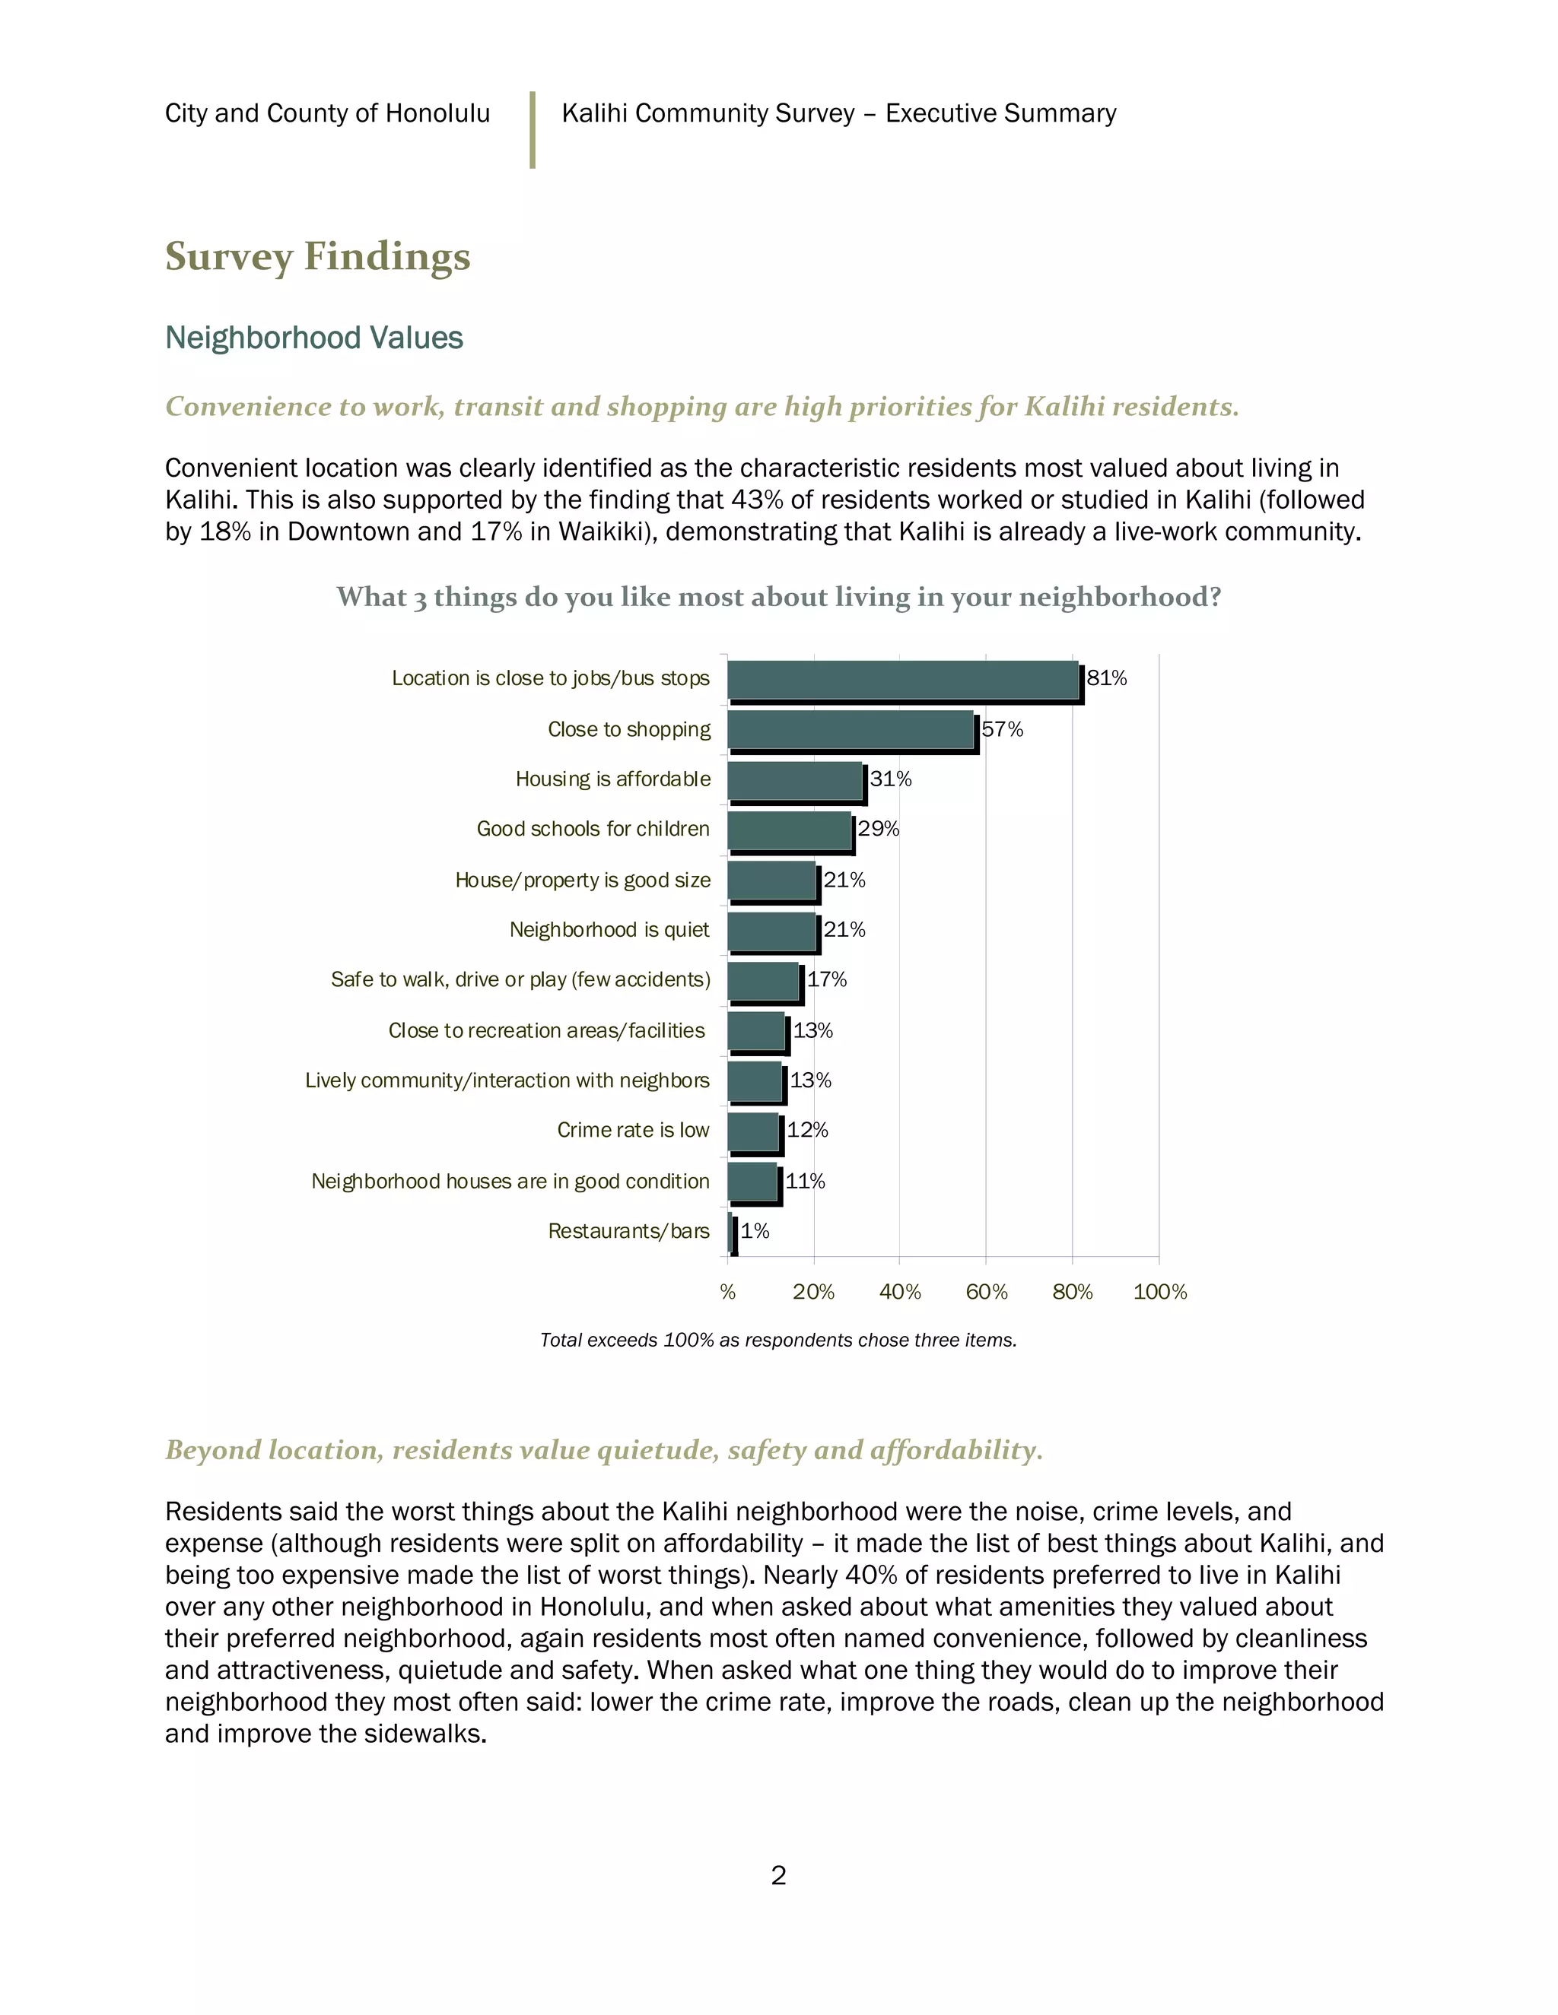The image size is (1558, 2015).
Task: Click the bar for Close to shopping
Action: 851,730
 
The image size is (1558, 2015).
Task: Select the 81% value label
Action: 1107,678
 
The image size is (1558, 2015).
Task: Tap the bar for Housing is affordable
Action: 795,781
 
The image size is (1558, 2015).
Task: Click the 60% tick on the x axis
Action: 986,1292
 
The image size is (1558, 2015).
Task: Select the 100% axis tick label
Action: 1159,1292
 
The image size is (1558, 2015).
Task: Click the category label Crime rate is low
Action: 633,1130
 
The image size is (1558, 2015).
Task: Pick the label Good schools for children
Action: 593,829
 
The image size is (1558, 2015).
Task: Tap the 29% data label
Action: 878,829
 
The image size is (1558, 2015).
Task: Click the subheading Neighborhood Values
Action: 314,338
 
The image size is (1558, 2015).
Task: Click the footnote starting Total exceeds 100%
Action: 778,1340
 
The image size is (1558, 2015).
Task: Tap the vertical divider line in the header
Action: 533,129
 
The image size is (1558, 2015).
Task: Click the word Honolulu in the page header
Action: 437,113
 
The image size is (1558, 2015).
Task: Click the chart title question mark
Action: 1213,597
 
